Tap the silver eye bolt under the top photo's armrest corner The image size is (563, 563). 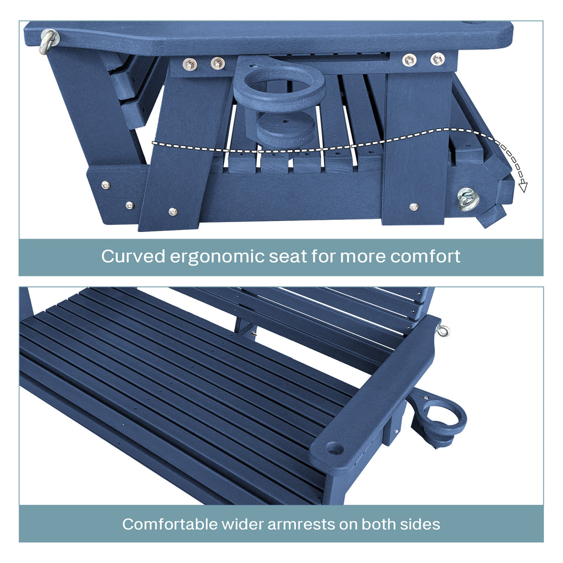point(49,40)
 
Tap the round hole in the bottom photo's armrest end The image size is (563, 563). point(335,449)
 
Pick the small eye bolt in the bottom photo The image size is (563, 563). point(443,330)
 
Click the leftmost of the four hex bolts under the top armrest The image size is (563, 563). point(190,64)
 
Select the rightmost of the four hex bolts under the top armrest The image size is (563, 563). point(438,59)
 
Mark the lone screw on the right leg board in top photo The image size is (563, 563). point(413,207)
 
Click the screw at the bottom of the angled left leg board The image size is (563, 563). point(173,211)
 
